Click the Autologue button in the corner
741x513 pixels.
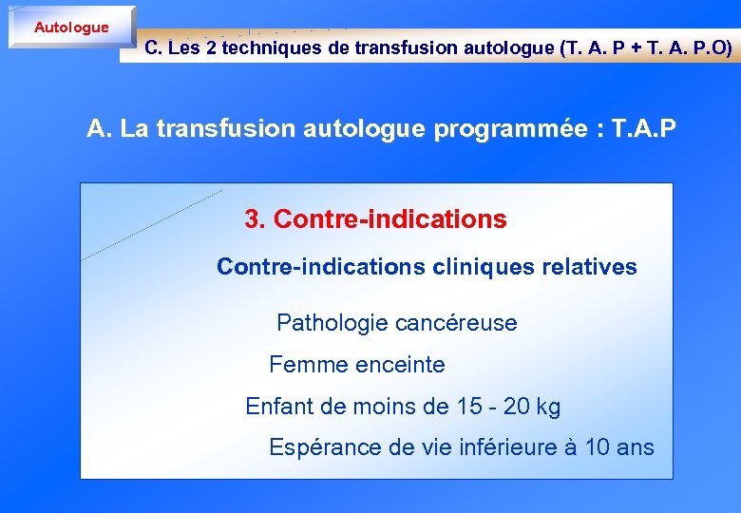(x=71, y=28)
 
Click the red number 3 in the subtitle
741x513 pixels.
(x=253, y=219)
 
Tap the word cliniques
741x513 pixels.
(x=483, y=267)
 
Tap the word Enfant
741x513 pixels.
(x=277, y=407)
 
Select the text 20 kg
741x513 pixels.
(x=532, y=407)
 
